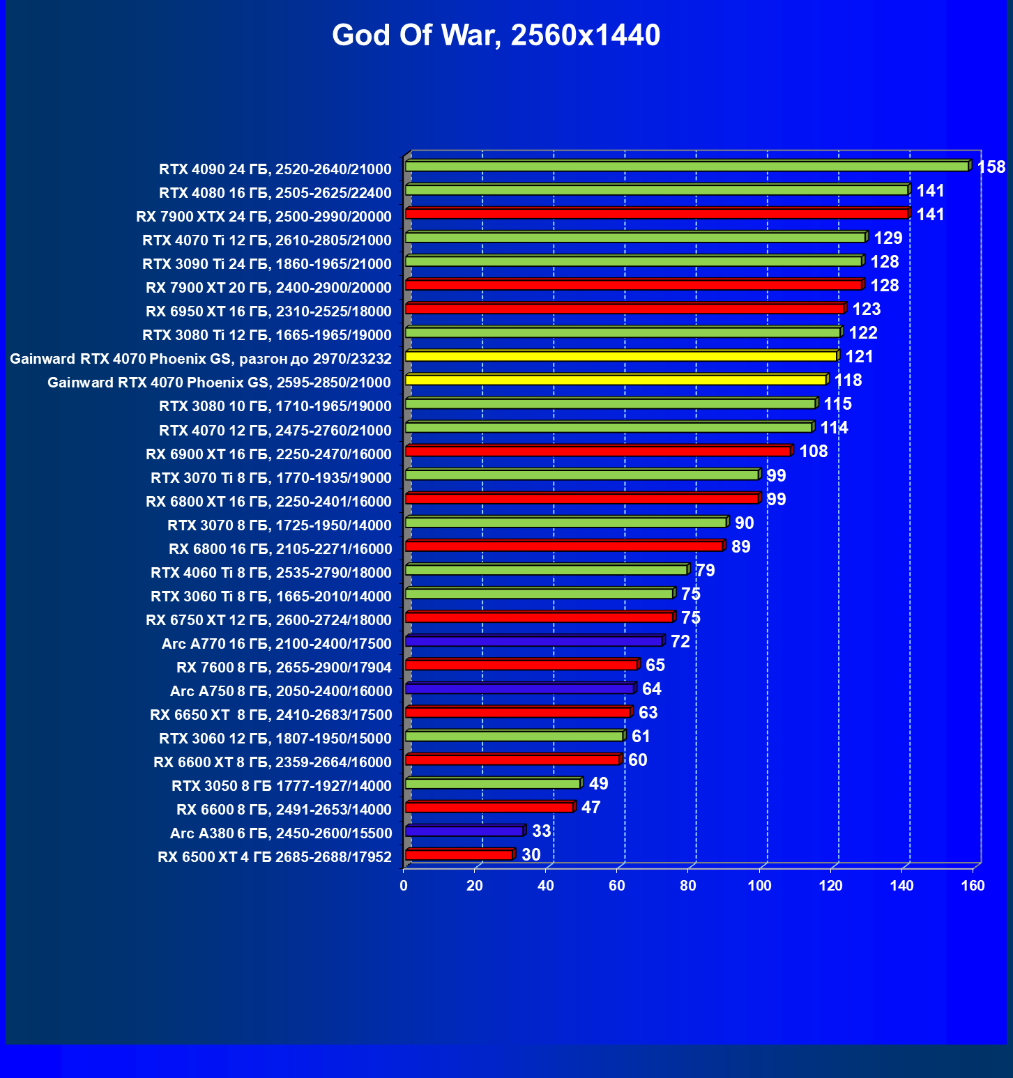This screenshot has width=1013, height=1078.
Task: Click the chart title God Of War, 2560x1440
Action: click(496, 35)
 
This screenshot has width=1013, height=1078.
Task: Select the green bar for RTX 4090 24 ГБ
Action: click(687, 167)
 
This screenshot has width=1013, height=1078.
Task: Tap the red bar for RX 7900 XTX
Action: click(656, 214)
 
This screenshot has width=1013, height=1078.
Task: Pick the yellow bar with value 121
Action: click(620, 356)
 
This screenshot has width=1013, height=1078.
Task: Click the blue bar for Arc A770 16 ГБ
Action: click(533, 641)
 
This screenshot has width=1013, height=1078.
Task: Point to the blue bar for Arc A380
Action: click(464, 831)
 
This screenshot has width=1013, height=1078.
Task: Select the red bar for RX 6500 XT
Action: click(459, 854)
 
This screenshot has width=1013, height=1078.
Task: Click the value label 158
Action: click(991, 167)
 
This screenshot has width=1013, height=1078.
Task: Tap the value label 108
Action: click(813, 452)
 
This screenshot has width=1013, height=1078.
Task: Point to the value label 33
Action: click(541, 831)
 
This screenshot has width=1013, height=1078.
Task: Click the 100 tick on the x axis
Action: click(759, 886)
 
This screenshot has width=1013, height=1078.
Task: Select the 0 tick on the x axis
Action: click(404, 886)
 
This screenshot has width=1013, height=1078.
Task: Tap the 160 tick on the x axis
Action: click(973, 886)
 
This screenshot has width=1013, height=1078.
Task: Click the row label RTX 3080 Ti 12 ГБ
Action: click(267, 335)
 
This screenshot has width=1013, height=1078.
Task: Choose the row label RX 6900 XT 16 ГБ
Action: click(268, 454)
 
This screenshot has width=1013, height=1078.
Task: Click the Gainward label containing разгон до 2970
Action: click(201, 359)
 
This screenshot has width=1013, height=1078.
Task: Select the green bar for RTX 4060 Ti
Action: click(546, 570)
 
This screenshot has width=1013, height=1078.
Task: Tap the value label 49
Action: click(598, 784)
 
